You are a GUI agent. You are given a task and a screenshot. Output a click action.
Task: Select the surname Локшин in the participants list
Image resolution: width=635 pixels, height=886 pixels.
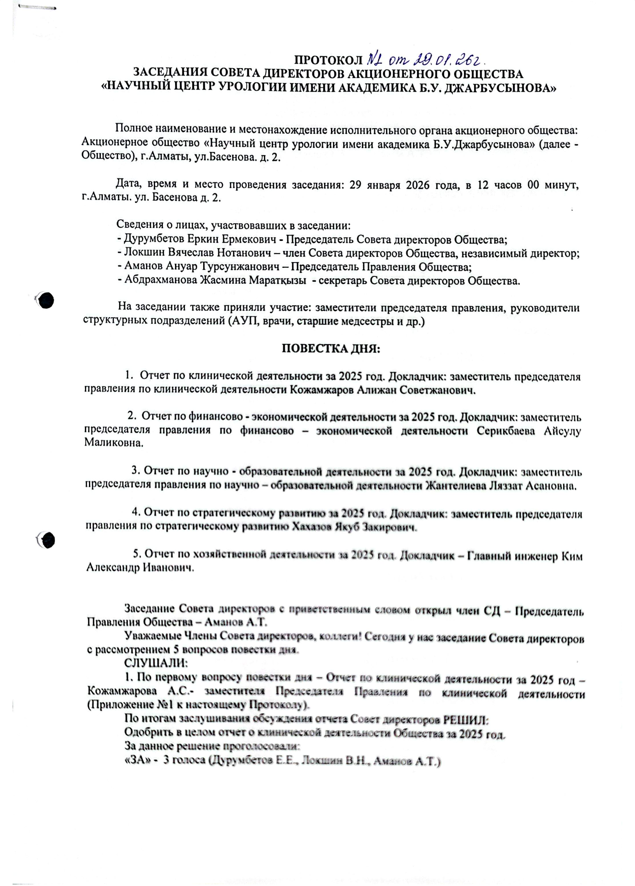click(142, 253)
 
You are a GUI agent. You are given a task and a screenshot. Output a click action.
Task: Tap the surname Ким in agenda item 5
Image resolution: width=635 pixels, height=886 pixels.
click(572, 557)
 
